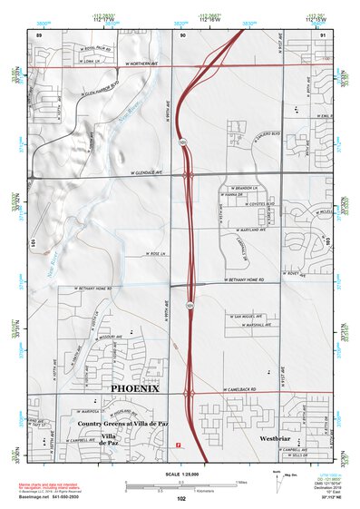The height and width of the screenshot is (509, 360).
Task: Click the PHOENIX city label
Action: (x=134, y=388)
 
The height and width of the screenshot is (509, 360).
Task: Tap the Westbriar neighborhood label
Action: (x=274, y=438)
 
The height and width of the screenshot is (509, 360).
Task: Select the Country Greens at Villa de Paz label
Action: (x=118, y=424)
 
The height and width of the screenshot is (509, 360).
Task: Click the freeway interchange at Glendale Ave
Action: (x=188, y=173)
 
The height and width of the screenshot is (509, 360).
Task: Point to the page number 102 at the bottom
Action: (x=181, y=498)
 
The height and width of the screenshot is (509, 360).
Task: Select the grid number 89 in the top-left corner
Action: (x=39, y=34)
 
